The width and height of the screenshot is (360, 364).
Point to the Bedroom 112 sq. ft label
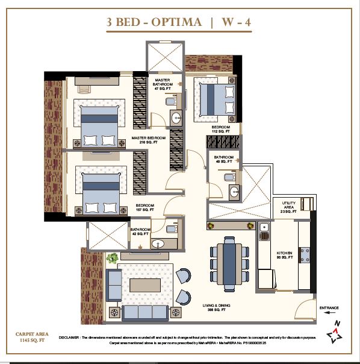pos(220,130)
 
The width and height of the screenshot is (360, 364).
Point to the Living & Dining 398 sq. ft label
pos(215,309)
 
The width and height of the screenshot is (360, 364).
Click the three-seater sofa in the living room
pos(144,312)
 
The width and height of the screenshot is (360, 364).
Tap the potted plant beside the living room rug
pos(111,258)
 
